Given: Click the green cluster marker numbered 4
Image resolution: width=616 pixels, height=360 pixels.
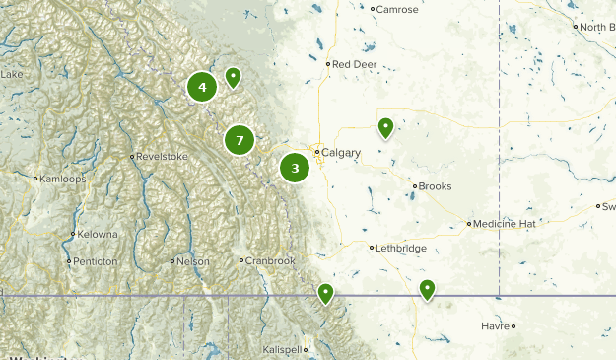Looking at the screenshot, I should [x=202, y=87].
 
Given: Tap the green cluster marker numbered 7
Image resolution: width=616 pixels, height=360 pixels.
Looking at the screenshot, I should [x=240, y=140].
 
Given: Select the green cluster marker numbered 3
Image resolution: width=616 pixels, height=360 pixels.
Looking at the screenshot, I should [x=295, y=168].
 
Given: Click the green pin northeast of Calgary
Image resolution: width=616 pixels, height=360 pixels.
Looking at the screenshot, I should [x=385, y=127].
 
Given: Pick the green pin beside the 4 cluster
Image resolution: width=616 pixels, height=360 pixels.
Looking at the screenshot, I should [x=233, y=76].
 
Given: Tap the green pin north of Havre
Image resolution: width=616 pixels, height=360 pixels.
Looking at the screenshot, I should [x=427, y=289].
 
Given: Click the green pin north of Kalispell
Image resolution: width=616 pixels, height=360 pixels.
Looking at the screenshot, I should [x=324, y=293].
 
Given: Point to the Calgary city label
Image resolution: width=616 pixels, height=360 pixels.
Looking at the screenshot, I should [x=341, y=153].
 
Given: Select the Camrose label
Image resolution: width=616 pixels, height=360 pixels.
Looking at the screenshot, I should [x=397, y=9].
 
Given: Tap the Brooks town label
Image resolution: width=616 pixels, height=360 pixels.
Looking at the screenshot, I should [x=435, y=186].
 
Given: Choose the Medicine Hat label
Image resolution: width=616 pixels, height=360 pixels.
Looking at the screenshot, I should [x=503, y=224].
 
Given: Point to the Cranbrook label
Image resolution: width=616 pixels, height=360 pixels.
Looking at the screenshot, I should [x=270, y=260].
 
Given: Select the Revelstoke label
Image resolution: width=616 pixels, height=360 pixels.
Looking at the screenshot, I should [x=161, y=156].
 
